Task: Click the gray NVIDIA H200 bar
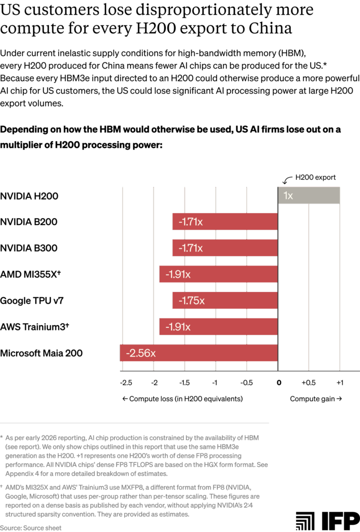(309, 196)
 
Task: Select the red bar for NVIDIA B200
(224, 222)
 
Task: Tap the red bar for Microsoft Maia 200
(198, 353)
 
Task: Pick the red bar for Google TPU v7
(224, 301)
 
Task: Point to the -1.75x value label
(191, 301)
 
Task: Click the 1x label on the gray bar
(288, 196)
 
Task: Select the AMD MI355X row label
(31, 274)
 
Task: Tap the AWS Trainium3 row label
(34, 327)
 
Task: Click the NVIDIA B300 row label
(36, 248)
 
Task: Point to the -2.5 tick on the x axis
(126, 383)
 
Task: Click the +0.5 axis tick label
(309, 383)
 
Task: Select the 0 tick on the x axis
(279, 383)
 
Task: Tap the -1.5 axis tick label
(184, 383)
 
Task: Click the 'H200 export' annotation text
(315, 178)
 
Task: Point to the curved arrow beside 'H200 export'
(286, 180)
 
